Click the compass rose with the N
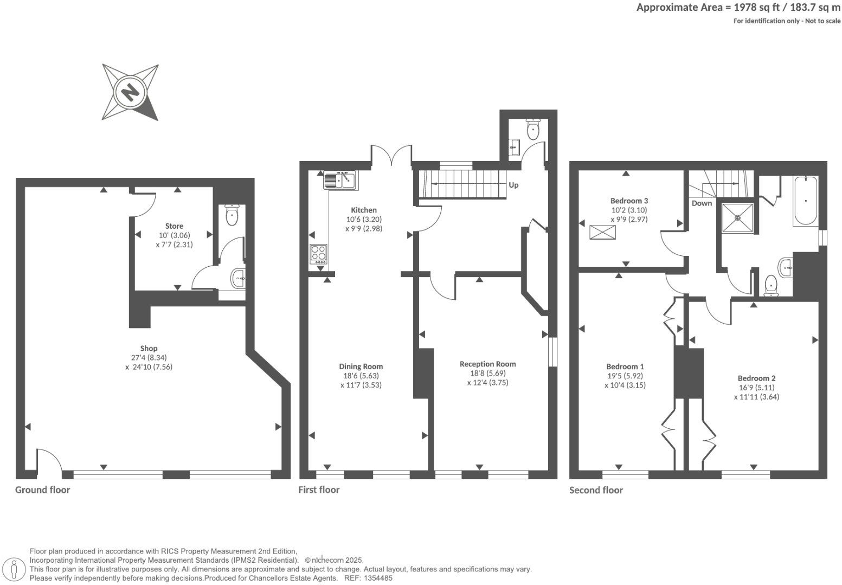click(x=130, y=92)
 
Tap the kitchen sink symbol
click(x=339, y=179)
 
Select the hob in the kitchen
click(x=318, y=254)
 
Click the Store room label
click(x=174, y=226)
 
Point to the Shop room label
click(x=149, y=349)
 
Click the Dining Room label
click(x=361, y=367)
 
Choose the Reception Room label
click(x=487, y=364)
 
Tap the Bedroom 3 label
click(x=629, y=201)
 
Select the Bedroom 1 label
click(x=625, y=367)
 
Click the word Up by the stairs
click(x=513, y=185)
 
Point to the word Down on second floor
click(x=702, y=203)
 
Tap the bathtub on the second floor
click(x=805, y=201)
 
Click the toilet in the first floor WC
click(x=534, y=128)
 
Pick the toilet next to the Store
click(x=232, y=216)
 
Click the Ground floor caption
click(x=42, y=490)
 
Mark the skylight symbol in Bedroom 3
click(x=603, y=232)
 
